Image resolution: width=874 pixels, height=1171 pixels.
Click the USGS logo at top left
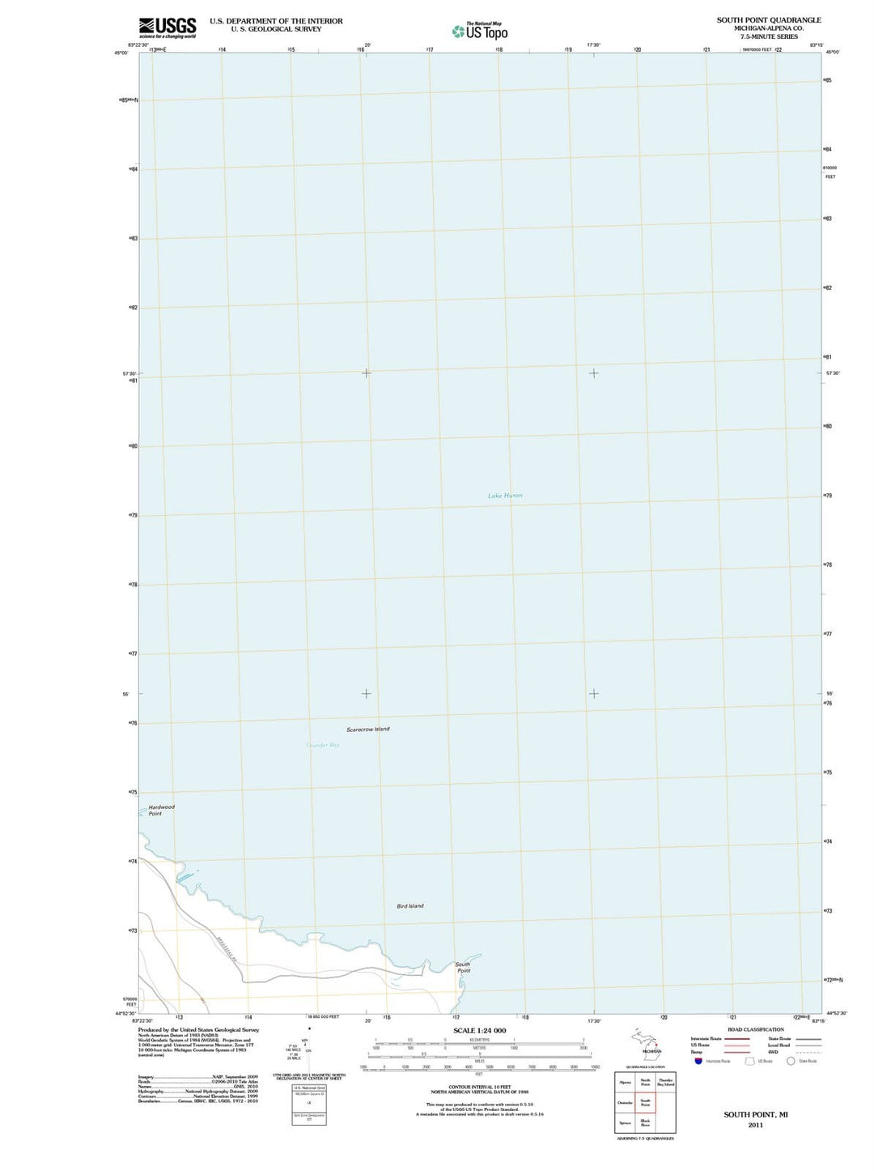point(168,28)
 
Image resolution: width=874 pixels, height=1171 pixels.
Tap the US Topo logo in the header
point(481,32)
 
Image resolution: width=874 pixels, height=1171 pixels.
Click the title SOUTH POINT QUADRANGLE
point(768,20)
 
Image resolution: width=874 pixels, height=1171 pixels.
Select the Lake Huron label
point(505,496)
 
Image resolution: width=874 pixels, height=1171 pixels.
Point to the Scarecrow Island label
point(368,730)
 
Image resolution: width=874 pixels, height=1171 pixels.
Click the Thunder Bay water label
point(323,745)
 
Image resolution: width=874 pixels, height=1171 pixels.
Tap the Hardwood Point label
point(161,810)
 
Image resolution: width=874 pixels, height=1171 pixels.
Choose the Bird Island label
point(410,906)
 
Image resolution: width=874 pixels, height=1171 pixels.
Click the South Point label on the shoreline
point(463,967)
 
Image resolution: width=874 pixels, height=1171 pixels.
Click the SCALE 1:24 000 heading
point(480,1031)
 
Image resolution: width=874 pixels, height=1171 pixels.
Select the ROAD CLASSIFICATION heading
point(756,1030)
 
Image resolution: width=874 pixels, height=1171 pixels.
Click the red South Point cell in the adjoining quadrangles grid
point(645,1102)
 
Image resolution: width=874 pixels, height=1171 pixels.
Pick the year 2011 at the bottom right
point(755,1125)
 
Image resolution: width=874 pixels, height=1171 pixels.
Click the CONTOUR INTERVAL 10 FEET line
point(480,1087)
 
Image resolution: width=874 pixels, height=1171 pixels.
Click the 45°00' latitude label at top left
point(121,53)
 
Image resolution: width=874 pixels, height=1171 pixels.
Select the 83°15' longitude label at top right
point(817,45)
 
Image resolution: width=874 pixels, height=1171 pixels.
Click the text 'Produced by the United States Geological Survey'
point(198,1030)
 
